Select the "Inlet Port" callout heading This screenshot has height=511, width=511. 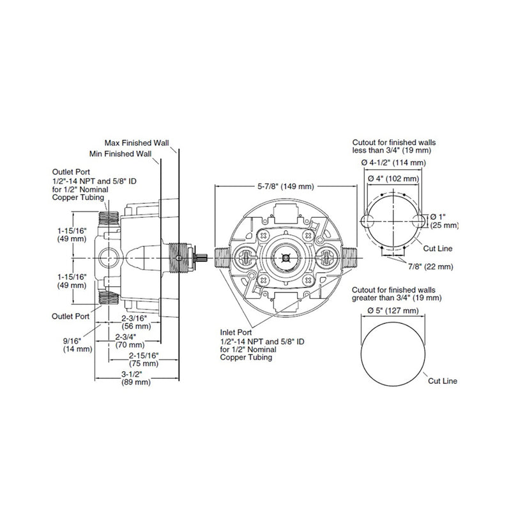click(234, 333)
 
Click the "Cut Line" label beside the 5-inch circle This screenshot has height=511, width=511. click(443, 381)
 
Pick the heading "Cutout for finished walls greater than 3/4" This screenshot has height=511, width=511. click(397, 293)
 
